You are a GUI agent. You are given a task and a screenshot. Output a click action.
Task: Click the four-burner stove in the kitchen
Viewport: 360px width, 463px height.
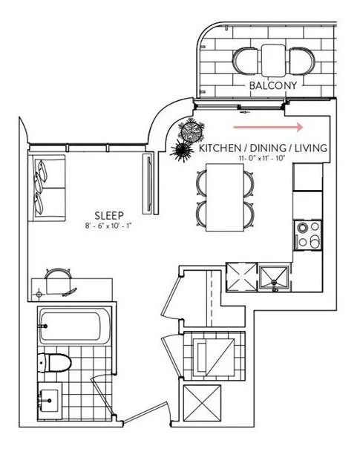pyautogui.click(x=307, y=234)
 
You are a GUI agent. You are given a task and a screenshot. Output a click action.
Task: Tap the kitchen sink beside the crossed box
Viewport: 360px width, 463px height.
pyautogui.click(x=276, y=276)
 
